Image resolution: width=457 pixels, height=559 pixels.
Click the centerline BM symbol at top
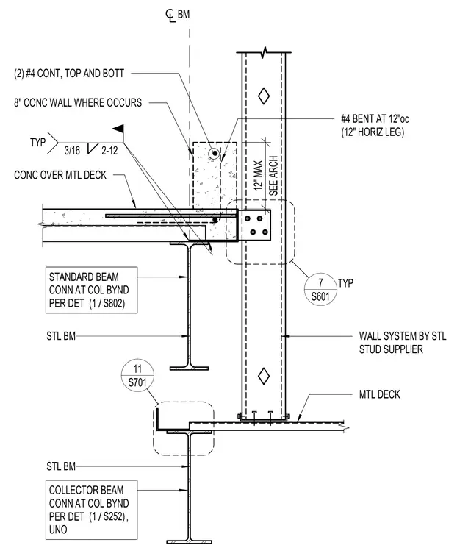[177, 15]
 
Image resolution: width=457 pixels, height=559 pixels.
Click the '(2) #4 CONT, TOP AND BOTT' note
[69, 74]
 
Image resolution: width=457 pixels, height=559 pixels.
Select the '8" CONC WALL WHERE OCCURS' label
[78, 103]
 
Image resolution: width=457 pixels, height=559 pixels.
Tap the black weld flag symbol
[118, 129]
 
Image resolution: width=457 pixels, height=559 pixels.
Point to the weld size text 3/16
[72, 151]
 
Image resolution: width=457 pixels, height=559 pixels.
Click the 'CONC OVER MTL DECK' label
[60, 175]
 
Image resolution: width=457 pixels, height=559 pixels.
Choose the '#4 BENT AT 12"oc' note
[375, 118]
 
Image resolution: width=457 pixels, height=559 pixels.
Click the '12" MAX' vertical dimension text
[258, 175]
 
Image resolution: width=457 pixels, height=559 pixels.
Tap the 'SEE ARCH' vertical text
[273, 175]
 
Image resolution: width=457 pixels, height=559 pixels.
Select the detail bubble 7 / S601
[320, 289]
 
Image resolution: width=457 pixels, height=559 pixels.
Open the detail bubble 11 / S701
[137, 375]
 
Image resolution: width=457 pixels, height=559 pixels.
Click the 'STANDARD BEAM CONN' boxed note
[92, 291]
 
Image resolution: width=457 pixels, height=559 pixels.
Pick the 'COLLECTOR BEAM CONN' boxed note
[92, 510]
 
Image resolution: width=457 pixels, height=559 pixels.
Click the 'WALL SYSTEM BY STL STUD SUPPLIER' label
[403, 343]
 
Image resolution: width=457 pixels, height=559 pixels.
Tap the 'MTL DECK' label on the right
[379, 394]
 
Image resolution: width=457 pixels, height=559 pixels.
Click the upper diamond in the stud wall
[264, 96]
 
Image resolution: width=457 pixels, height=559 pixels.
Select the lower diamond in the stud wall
[264, 376]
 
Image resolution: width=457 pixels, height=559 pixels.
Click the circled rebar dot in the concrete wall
[215, 154]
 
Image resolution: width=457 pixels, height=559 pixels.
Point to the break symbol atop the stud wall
[264, 52]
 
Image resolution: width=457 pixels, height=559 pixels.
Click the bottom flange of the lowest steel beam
[189, 542]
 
